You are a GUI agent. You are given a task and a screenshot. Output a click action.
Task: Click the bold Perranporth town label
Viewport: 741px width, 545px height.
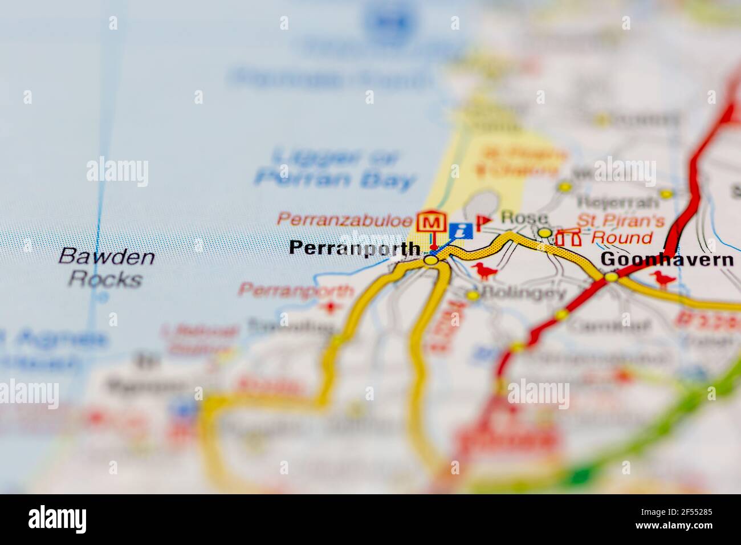click(x=355, y=248)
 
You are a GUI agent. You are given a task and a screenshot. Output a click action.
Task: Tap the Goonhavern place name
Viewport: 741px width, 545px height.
click(x=667, y=260)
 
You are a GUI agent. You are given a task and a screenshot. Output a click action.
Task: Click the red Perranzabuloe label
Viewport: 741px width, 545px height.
click(x=345, y=218)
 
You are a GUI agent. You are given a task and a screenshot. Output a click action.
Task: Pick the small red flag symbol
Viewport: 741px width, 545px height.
click(x=483, y=221)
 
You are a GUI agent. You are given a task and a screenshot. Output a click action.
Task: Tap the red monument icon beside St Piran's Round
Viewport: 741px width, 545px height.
click(x=567, y=237)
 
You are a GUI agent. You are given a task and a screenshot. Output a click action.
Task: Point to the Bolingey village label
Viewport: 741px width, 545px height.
click(x=523, y=294)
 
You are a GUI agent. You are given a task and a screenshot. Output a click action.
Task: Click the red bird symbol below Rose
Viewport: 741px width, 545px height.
click(x=485, y=271)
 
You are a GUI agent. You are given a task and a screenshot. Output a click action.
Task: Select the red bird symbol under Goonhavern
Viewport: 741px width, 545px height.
click(x=664, y=278)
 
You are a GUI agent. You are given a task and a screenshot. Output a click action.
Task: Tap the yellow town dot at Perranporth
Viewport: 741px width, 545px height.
click(x=431, y=260)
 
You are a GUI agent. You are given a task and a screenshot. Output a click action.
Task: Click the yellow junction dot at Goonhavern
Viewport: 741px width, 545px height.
click(x=611, y=277)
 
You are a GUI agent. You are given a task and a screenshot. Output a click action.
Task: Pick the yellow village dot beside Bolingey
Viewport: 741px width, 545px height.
click(x=473, y=295)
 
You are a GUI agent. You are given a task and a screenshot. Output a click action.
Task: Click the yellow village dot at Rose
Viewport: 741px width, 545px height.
click(x=545, y=233)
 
